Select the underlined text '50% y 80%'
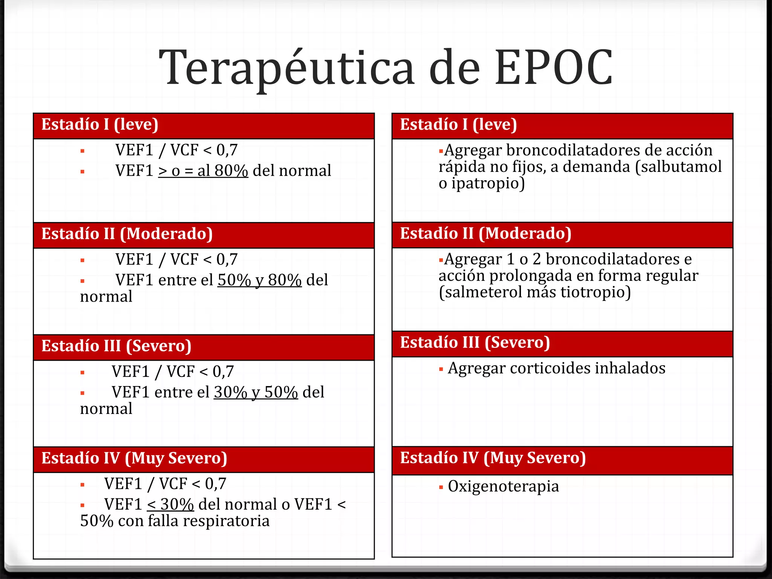click(259, 280)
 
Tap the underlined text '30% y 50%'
click(256, 392)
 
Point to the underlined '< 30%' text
click(170, 504)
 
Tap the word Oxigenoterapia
click(503, 486)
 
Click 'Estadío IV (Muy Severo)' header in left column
click(134, 458)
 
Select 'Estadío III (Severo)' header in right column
click(475, 343)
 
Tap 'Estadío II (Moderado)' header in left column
click(127, 234)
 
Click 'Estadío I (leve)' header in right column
click(458, 125)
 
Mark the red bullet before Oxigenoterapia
click(441, 487)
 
